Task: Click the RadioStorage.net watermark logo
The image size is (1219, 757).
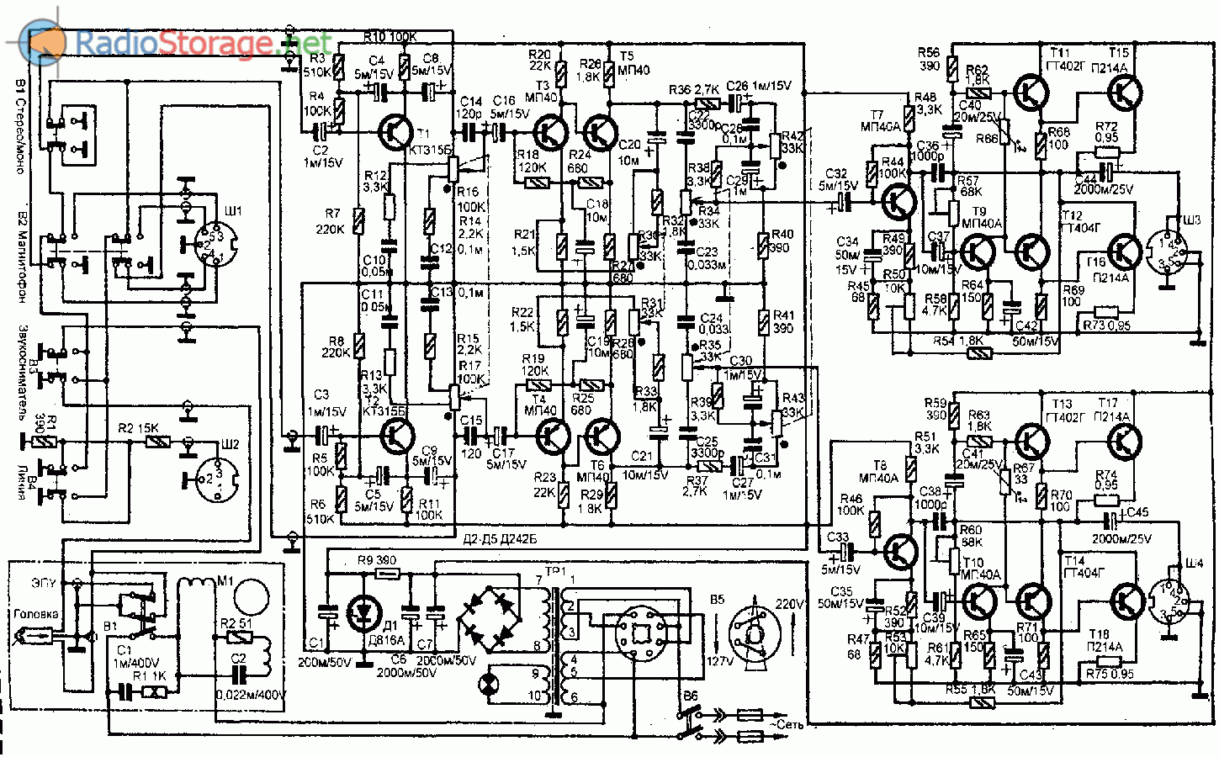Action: pos(177,42)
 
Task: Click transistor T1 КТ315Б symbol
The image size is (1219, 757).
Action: pos(395,130)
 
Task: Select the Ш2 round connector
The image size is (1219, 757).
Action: pos(218,478)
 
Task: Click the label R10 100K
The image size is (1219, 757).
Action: pos(391,37)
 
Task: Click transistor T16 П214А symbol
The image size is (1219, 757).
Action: pos(1123,250)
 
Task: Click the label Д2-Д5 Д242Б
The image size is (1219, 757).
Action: pos(500,539)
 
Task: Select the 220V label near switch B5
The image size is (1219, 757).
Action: pos(789,604)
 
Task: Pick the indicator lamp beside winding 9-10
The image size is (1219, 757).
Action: pos(487,683)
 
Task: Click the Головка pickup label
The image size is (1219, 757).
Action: pos(36,614)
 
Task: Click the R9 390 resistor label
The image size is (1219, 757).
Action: pos(376,560)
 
